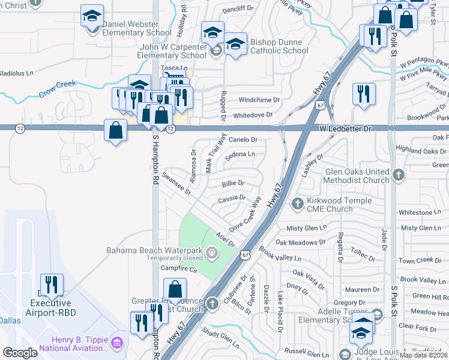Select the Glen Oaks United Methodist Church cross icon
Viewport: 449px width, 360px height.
click(x=399, y=175)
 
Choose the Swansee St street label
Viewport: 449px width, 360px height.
click(x=176, y=184)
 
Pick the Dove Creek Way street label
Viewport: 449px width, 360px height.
click(x=246, y=215)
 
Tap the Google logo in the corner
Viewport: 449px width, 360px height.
click(x=20, y=353)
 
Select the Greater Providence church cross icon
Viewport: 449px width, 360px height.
click(x=211, y=304)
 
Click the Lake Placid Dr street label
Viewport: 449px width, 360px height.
click(x=280, y=312)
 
